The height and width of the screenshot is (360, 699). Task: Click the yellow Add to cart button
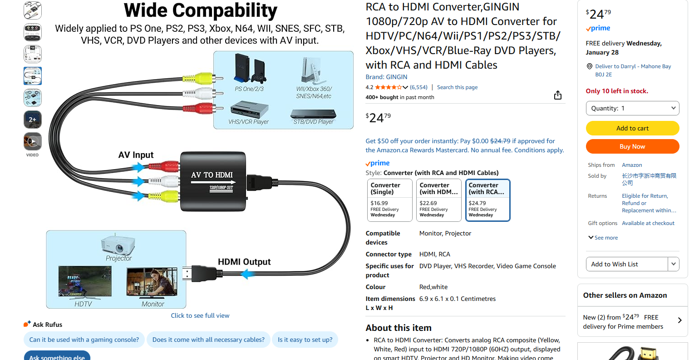tap(632, 128)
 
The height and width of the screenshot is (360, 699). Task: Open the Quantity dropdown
tap(632, 108)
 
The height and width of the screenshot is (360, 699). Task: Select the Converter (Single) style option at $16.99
tap(389, 200)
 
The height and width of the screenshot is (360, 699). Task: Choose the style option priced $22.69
tap(438, 200)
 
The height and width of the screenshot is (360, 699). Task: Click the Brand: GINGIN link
tap(386, 77)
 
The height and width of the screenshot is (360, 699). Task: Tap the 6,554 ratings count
tap(418, 87)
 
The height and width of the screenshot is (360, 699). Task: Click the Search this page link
tap(457, 87)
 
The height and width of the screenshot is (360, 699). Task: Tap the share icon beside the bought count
tap(558, 95)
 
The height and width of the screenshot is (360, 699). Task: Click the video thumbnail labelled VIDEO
tap(33, 142)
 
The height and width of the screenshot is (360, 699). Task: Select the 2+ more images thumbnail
tap(33, 120)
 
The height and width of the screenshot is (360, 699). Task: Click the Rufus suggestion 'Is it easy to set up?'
tap(305, 340)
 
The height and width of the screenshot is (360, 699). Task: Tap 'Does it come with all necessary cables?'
tap(208, 340)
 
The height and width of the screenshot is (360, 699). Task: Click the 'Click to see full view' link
tap(200, 315)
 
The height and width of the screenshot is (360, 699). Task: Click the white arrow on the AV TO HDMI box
tap(212, 182)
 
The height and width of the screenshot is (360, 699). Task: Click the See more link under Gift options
tap(603, 238)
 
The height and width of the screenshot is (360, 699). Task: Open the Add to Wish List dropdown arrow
tap(674, 264)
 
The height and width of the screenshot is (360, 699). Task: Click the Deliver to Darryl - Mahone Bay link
tap(633, 66)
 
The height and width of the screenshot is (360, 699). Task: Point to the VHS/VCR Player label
tap(248, 122)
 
